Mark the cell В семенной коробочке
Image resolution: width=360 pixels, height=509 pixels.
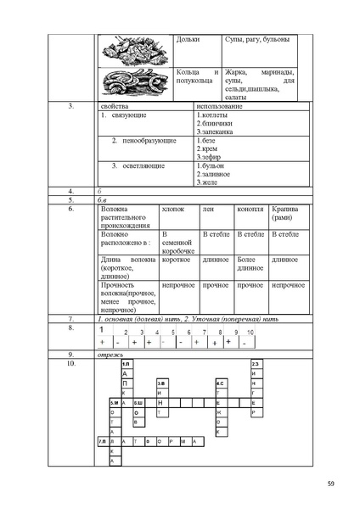coord(178,243)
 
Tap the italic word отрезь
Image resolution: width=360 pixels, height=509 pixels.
coord(110,354)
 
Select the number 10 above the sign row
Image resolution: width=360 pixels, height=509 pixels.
coord(250,333)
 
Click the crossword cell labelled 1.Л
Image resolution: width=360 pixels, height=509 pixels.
coord(126,363)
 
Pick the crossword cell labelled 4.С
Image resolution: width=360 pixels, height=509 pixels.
coord(219,383)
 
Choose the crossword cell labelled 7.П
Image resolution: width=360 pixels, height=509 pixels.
coord(102,441)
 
